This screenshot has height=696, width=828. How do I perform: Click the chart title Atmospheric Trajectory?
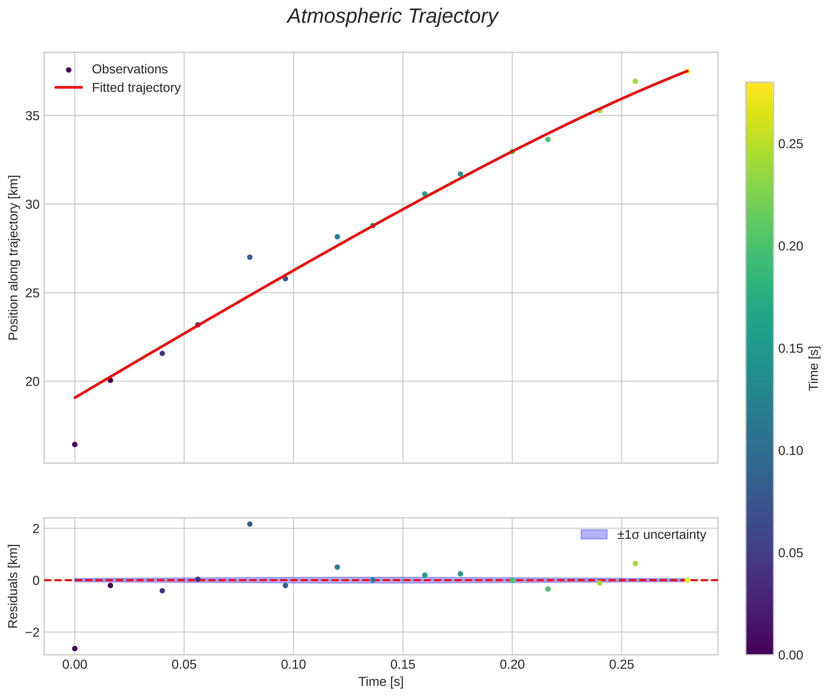pyautogui.click(x=392, y=16)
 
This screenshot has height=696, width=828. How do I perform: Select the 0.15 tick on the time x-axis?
pyautogui.click(x=403, y=665)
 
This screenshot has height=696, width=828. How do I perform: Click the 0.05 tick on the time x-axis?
pyautogui.click(x=184, y=665)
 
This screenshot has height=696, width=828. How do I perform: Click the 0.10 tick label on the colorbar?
pyautogui.click(x=791, y=451)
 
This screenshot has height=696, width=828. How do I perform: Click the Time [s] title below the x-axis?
pyautogui.click(x=381, y=682)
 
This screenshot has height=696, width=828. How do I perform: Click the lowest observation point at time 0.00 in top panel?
pyautogui.click(x=75, y=445)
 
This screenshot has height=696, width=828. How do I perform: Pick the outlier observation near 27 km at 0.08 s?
pyautogui.click(x=250, y=257)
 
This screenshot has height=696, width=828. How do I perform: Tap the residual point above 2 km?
pyautogui.click(x=250, y=524)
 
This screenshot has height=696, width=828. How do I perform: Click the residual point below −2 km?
pyautogui.click(x=75, y=649)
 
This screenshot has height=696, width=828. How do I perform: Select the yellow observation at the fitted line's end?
pyautogui.click(x=687, y=71)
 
